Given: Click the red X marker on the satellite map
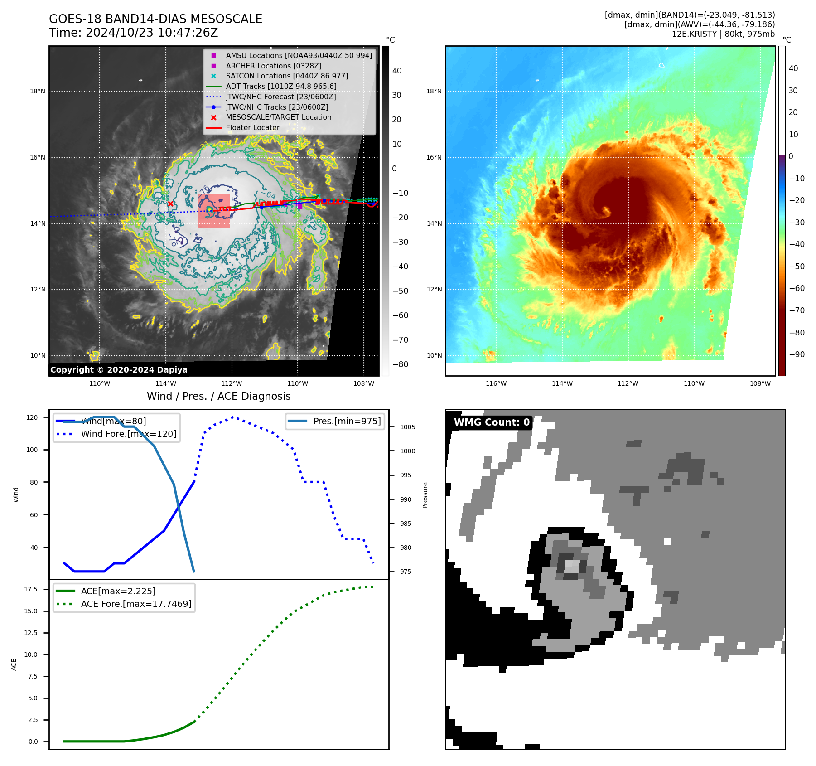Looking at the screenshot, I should [170, 204].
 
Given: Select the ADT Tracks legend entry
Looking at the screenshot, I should [281, 86].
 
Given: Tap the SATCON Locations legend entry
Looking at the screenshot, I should [287, 76].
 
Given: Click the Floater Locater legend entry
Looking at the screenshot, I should [252, 127].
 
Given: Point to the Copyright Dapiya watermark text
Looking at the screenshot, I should [119, 370].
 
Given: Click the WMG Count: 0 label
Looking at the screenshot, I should [492, 422].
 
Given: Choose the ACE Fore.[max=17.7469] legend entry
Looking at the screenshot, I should [136, 604].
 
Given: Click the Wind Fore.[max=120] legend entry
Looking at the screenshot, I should [128, 434].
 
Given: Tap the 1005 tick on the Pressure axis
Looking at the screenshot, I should [407, 427].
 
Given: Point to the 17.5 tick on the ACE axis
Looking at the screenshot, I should [31, 589].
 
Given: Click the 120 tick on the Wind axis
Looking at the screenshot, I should [32, 417].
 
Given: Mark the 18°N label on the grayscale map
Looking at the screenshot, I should [38, 91].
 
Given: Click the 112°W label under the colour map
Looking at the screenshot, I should [628, 383].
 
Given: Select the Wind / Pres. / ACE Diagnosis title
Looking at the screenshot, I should [218, 396].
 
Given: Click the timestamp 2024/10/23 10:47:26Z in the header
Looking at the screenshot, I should [152, 33].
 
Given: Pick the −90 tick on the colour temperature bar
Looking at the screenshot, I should [797, 354].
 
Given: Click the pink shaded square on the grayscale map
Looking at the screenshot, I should [214, 211].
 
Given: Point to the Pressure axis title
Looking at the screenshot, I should [425, 495].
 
